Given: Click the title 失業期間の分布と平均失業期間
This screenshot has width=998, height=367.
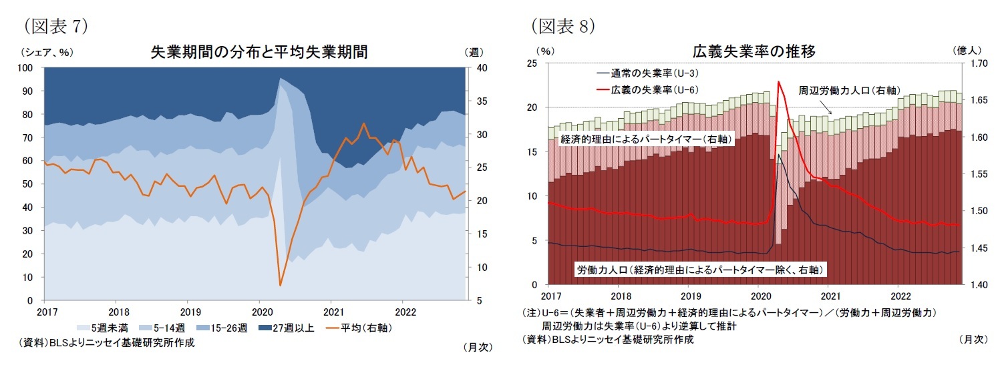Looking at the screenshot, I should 259,53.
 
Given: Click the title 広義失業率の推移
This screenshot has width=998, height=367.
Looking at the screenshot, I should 753,51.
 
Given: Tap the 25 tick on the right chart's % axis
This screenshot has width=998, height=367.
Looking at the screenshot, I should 533,63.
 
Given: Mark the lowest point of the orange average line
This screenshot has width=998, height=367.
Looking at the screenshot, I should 280,286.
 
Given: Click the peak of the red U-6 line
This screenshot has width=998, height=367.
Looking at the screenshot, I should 778,82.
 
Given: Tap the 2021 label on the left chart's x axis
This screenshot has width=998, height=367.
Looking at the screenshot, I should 332,311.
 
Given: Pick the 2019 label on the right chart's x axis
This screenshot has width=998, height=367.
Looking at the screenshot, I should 691,295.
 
